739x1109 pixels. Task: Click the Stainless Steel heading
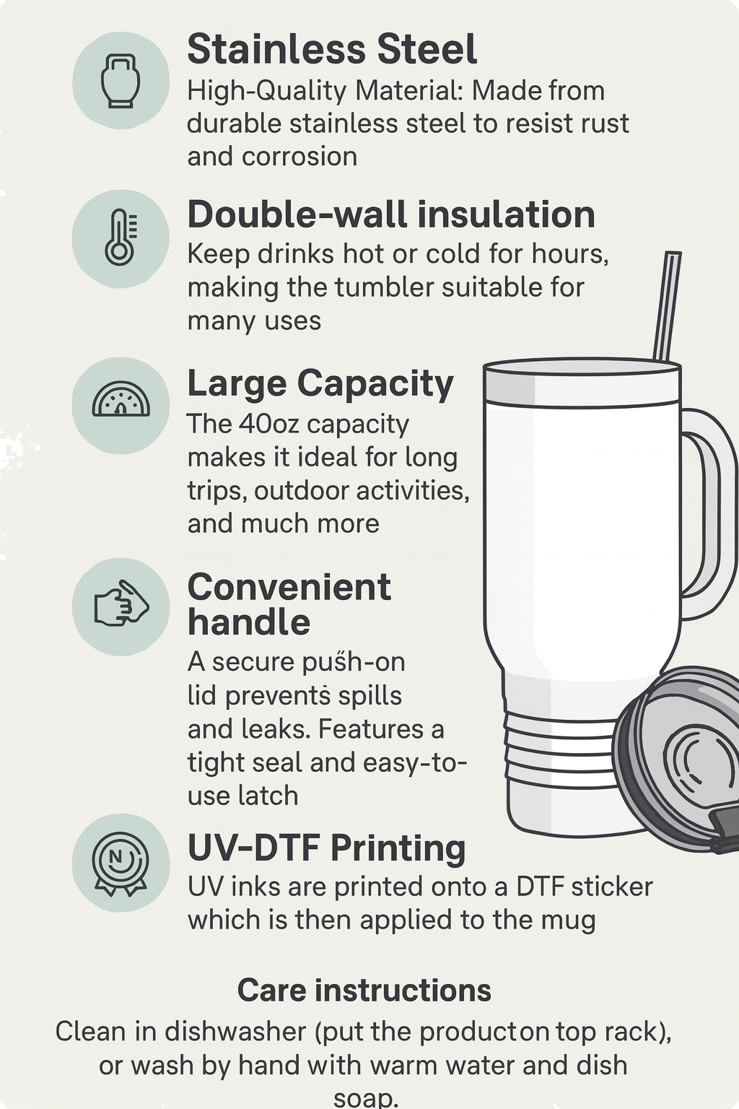point(332,49)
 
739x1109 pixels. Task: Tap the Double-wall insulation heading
point(391,215)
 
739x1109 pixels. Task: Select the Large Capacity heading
point(320,385)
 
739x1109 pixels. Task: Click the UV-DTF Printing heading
point(327,848)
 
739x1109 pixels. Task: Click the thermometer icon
point(121,237)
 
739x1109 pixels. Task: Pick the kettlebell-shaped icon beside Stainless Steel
point(121,81)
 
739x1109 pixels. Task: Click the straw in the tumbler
point(668,306)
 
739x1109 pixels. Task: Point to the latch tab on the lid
point(725,832)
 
